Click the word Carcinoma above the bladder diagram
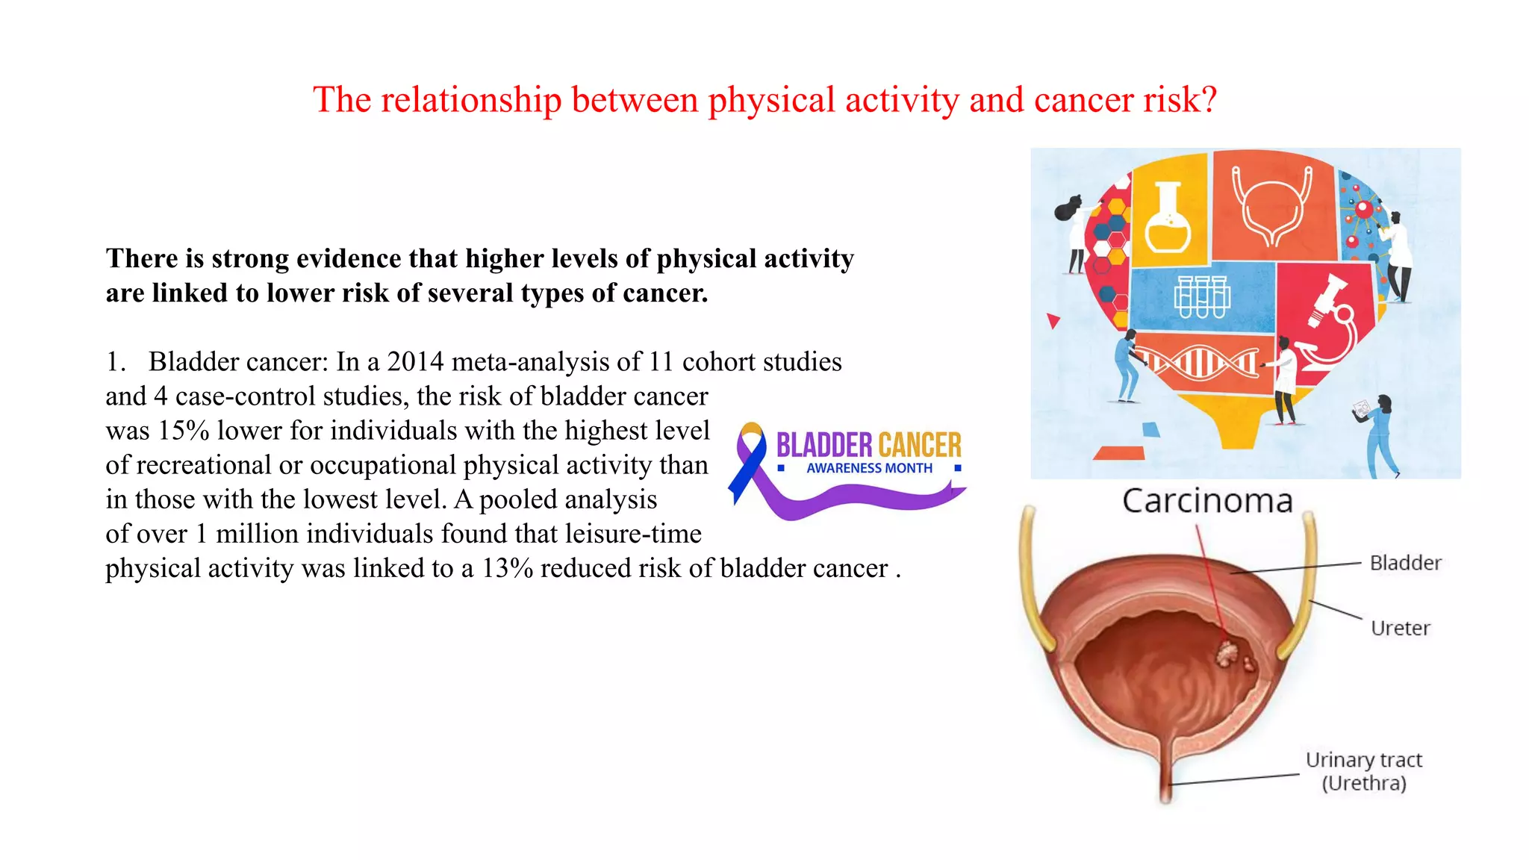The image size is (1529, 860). point(1207,501)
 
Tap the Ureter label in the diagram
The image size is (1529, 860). point(1400,629)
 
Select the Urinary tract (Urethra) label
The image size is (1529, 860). point(1363,771)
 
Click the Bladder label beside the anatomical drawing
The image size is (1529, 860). point(1405,563)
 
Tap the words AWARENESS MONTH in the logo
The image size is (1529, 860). point(869,468)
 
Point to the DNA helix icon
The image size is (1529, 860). point(1202,364)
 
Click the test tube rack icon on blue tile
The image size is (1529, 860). point(1201,296)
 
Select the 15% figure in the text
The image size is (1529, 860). point(183,431)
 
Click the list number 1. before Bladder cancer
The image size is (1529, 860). point(116,362)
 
